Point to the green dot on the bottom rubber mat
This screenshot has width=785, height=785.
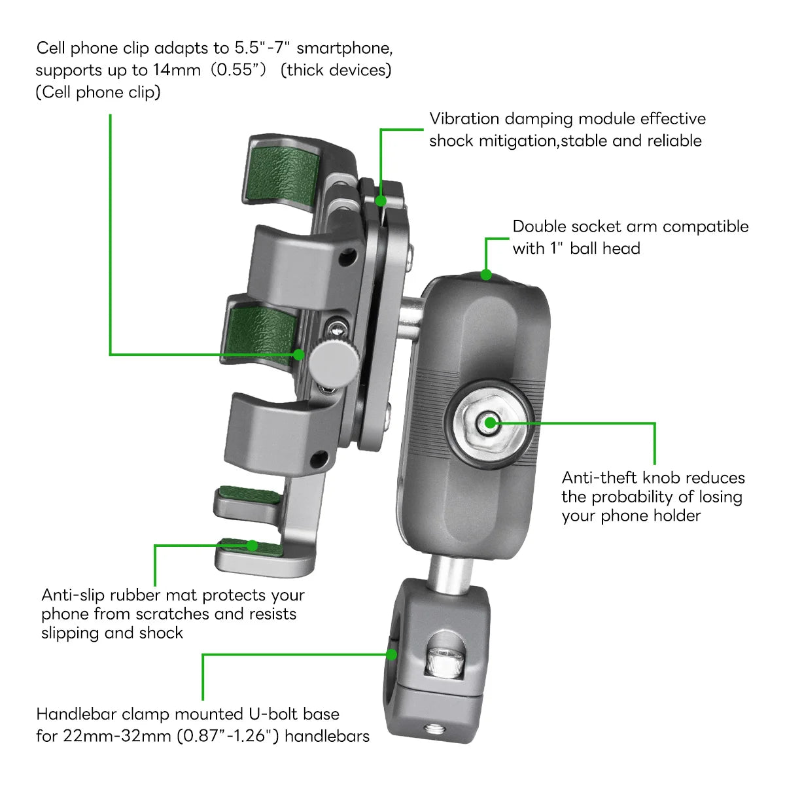tap(252, 545)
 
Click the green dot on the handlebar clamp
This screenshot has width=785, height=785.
tap(391, 654)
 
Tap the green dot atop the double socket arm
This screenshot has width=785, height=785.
tap(486, 274)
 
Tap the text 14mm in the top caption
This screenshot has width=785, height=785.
tap(177, 70)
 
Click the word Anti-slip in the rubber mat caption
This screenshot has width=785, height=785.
tap(73, 595)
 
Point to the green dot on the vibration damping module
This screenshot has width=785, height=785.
tap(381, 200)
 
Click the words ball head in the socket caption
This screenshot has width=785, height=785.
tap(605, 249)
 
